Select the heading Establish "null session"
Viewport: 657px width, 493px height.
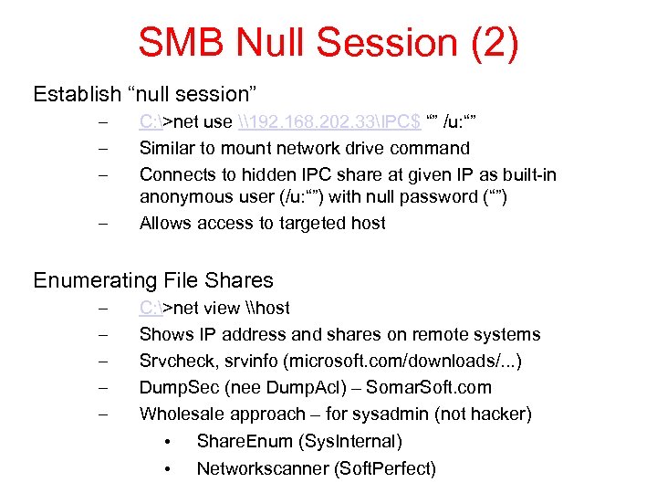tap(146, 94)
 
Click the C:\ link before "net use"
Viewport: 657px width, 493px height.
tap(151, 121)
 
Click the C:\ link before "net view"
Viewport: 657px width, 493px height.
tap(151, 308)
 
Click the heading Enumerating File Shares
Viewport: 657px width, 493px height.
tap(153, 280)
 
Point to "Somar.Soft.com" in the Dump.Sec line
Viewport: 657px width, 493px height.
tap(428, 387)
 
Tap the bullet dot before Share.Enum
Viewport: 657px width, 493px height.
tap(167, 442)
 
